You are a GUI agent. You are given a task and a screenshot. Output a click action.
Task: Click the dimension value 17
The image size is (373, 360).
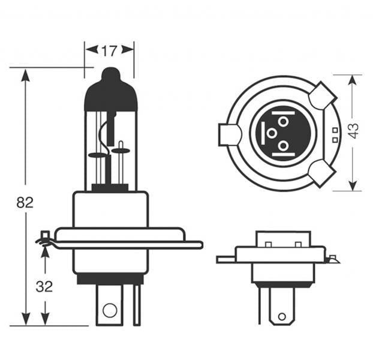tap(109, 50)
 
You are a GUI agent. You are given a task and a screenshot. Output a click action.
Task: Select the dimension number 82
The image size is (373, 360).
tap(25, 202)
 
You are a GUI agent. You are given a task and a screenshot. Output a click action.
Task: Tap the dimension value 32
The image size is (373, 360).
tap(44, 286)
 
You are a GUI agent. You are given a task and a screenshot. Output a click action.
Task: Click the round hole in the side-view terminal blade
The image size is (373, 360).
tap(109, 310)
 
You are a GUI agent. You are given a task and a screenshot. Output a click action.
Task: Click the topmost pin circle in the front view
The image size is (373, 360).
tap(282, 122)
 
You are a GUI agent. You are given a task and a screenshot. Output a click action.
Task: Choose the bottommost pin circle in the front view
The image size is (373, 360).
tap(282, 146)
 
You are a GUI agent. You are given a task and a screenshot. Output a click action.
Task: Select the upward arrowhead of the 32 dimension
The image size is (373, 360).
tap(44, 250)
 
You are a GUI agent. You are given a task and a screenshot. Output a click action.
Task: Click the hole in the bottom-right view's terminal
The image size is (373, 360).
tap(281, 316)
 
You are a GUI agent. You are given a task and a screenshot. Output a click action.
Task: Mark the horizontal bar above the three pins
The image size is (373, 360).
tap(282, 112)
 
